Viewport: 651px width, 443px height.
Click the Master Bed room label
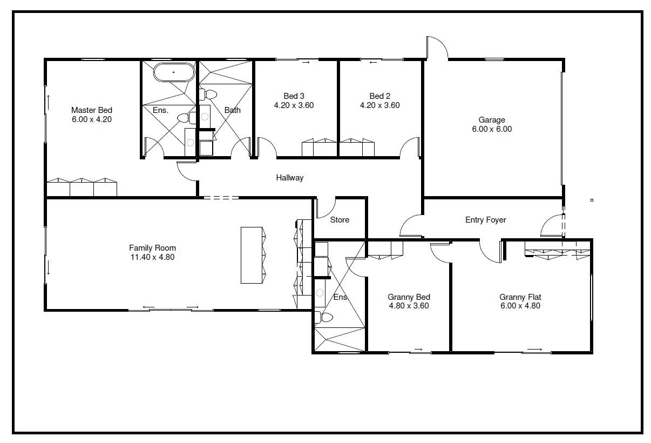[92, 110]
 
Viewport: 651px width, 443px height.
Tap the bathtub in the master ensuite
[174, 72]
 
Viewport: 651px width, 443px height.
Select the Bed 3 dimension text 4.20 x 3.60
[294, 105]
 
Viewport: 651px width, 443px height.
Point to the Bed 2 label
[380, 96]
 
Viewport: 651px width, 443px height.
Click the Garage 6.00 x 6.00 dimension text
[492, 129]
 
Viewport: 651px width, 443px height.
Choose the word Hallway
[290, 178]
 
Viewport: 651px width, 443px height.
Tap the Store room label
[340, 220]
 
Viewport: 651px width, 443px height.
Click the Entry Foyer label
[486, 220]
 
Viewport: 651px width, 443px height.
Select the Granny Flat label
[520, 297]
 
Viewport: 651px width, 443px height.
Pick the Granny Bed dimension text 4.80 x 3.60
[409, 306]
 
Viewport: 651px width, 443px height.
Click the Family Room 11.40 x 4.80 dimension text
[153, 257]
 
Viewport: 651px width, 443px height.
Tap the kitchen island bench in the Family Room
[252, 255]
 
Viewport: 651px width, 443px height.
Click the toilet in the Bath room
[208, 94]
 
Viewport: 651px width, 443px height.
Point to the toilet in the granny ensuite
[324, 317]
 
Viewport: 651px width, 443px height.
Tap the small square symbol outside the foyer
[592, 200]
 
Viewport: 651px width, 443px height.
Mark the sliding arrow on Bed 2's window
[373, 62]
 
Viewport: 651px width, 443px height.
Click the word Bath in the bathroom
[233, 110]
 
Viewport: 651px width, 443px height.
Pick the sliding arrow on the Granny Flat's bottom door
[535, 349]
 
